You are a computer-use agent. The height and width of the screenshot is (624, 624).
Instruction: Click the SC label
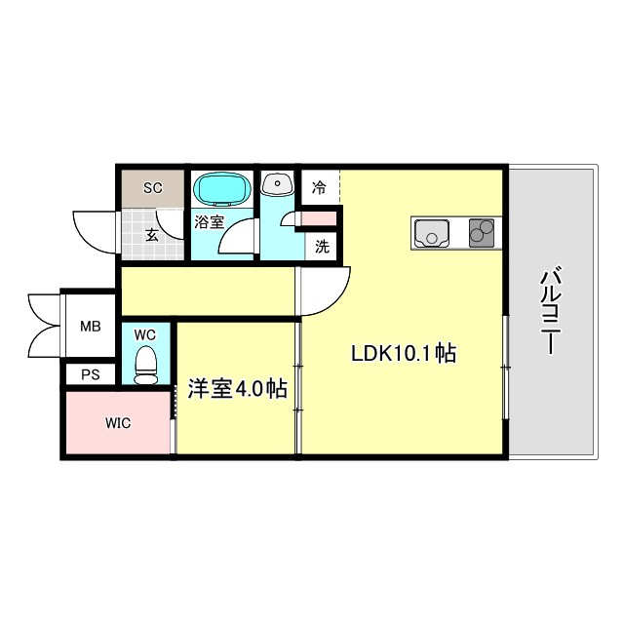click(152, 187)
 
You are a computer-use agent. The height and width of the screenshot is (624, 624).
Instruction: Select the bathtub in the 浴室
click(221, 187)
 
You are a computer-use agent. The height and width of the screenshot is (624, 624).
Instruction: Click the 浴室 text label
click(209, 221)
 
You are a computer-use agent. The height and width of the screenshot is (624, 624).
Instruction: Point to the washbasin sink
click(278, 184)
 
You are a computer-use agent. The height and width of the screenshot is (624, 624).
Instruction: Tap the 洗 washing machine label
click(322, 247)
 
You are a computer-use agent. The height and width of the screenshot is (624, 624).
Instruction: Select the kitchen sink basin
click(431, 233)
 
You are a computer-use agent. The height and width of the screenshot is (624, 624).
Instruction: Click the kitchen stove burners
click(482, 232)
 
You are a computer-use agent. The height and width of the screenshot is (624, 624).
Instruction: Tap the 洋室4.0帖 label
click(237, 389)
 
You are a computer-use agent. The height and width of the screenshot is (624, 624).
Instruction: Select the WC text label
click(144, 334)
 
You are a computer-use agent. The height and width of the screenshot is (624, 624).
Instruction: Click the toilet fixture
click(145, 367)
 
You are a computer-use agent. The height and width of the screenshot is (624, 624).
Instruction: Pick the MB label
click(90, 327)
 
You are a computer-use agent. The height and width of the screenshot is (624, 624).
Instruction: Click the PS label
click(90, 373)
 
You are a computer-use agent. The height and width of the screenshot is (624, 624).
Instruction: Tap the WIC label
click(119, 423)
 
